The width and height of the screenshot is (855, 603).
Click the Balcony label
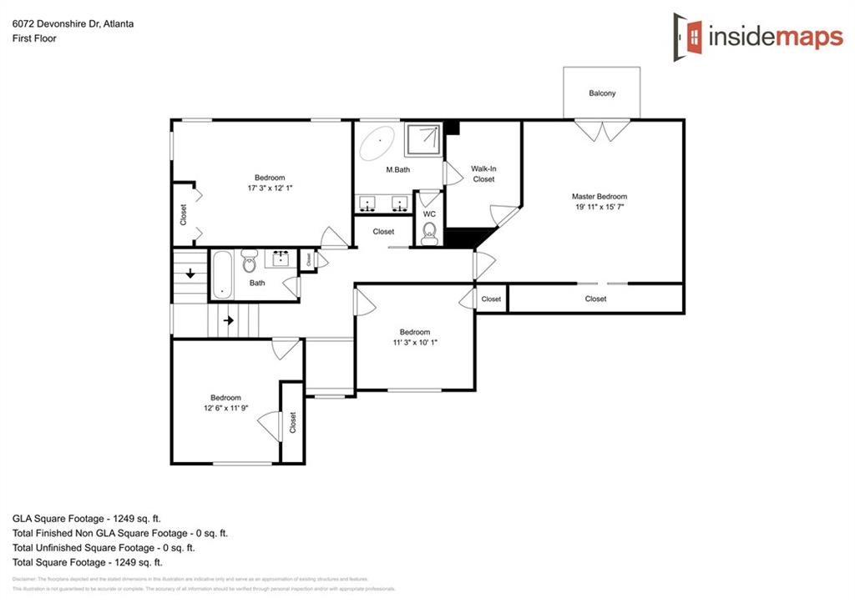click(x=602, y=93)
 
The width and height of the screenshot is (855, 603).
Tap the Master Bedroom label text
click(x=599, y=197)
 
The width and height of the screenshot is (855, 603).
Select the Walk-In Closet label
click(x=483, y=173)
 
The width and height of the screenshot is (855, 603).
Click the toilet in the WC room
click(x=429, y=232)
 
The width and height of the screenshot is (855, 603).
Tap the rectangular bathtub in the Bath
click(x=221, y=274)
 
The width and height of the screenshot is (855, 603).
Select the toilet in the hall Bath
click(x=249, y=263)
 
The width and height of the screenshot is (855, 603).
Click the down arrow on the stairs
click(x=191, y=273)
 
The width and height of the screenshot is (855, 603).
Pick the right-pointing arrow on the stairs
click(x=228, y=320)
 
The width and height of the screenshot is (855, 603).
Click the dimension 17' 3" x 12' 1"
click(x=270, y=188)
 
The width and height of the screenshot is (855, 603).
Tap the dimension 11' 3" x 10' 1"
click(x=414, y=342)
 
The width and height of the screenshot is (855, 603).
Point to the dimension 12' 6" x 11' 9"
click(x=225, y=409)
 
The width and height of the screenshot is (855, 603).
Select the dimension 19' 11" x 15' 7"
click(x=599, y=208)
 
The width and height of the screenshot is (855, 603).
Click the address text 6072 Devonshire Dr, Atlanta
click(x=73, y=24)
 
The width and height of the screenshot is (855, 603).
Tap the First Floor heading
click(x=34, y=38)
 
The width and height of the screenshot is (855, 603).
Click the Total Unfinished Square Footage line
click(x=104, y=548)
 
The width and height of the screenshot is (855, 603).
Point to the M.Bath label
click(x=397, y=170)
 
